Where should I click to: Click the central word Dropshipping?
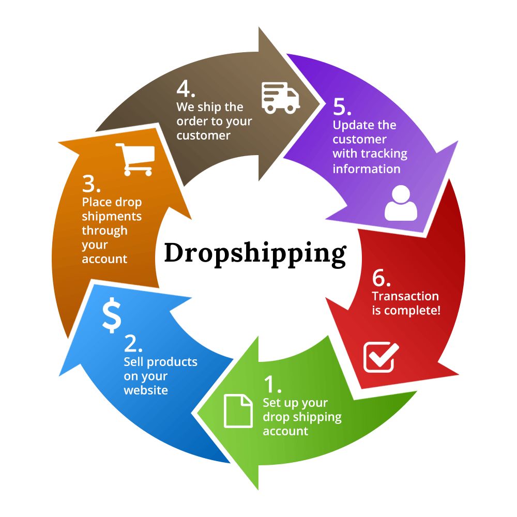pos(255,253)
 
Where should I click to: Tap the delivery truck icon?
pos(280,97)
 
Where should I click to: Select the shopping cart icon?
pos(135,159)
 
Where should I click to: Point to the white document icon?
pos(238,410)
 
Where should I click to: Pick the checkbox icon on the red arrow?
pos(381,357)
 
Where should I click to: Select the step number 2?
pos(133,343)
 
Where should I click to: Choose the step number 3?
pos(91,184)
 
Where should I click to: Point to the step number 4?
pos(186,89)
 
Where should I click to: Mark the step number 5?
pos(342,107)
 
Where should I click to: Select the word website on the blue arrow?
pos(146,390)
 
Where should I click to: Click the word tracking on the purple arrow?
pos(383,154)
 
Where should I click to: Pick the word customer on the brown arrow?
pos(203,135)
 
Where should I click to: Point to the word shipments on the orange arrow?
pos(112,216)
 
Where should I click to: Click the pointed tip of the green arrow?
pos(197,414)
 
